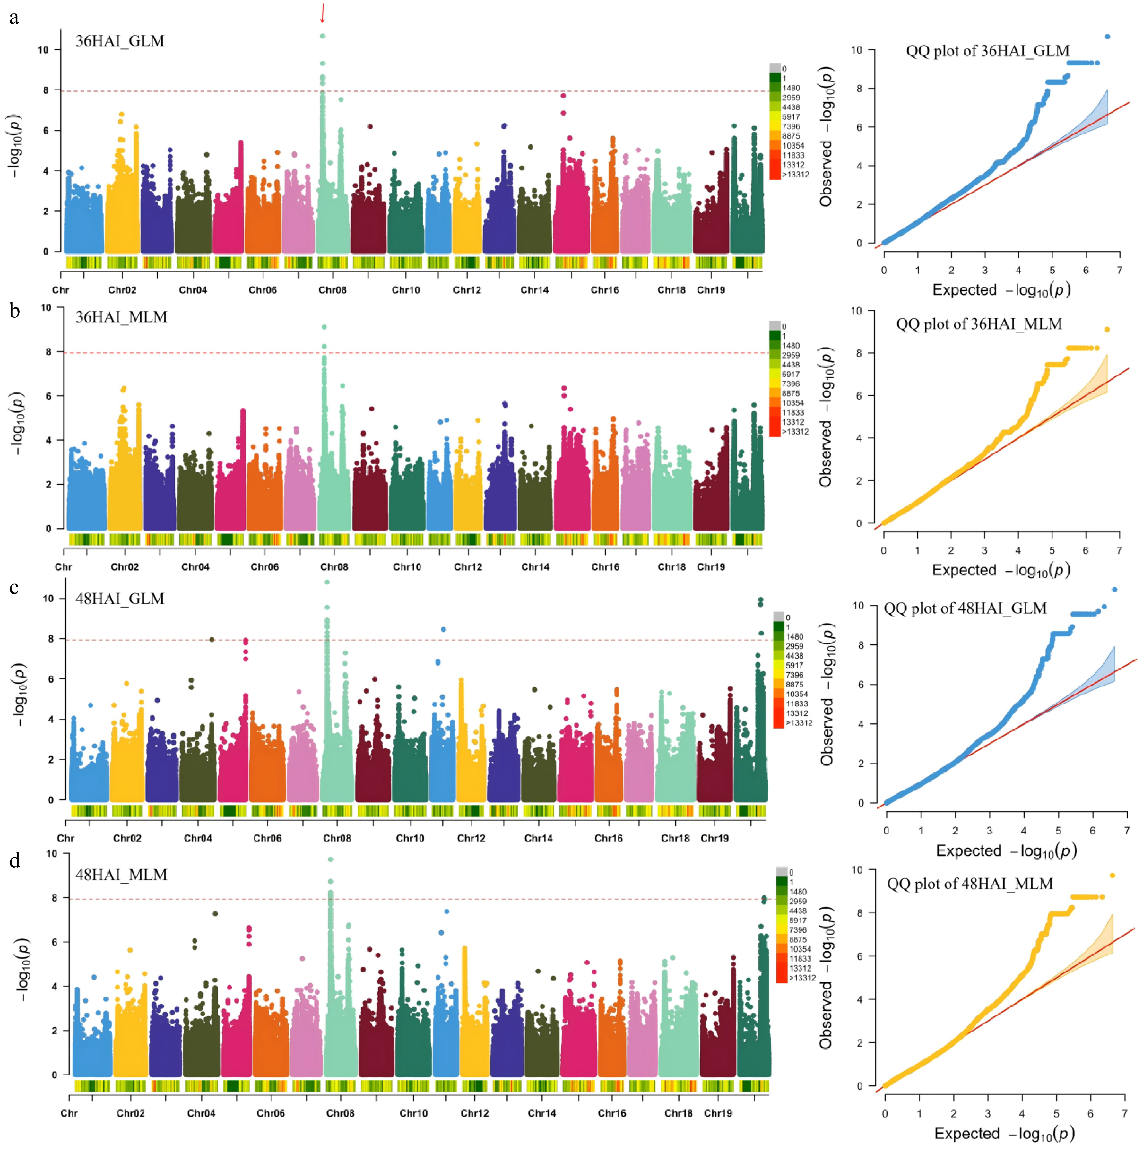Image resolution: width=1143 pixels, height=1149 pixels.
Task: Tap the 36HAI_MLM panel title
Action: click(121, 317)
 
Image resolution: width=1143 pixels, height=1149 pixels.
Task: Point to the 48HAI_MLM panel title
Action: click(121, 875)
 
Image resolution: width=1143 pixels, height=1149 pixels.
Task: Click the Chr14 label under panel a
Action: click(534, 290)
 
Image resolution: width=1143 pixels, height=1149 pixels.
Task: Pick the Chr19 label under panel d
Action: click(718, 1113)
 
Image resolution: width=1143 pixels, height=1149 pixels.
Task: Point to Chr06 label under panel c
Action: click(267, 839)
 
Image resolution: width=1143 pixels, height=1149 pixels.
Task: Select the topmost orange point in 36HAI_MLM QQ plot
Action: click(1107, 330)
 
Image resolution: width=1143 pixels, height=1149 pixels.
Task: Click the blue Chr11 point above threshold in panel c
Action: click(443, 629)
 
